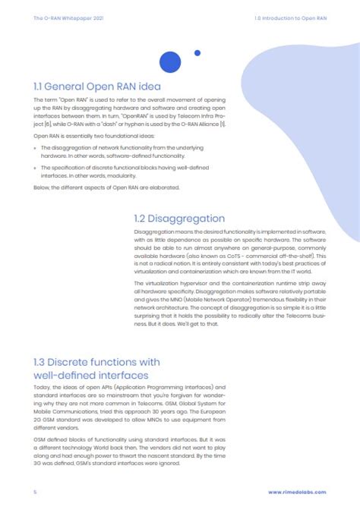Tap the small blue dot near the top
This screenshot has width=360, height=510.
click(197, 53)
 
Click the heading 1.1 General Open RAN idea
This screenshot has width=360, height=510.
click(96, 86)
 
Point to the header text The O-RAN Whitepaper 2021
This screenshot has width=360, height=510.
click(63, 16)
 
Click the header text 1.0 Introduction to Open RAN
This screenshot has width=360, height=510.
click(292, 16)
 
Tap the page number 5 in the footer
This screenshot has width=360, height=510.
click(35, 493)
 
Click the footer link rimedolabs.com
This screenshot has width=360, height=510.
click(298, 493)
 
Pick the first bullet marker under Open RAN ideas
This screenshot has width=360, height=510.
click(36, 147)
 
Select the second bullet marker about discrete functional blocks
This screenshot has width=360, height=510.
click(36, 166)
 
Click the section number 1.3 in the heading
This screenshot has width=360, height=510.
click(44, 360)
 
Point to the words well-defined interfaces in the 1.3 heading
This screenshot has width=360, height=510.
click(96, 375)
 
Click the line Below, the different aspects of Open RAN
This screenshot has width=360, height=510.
click(96, 186)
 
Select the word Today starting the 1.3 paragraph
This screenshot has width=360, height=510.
click(42, 387)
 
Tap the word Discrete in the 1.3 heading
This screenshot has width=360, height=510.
click(80, 360)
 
